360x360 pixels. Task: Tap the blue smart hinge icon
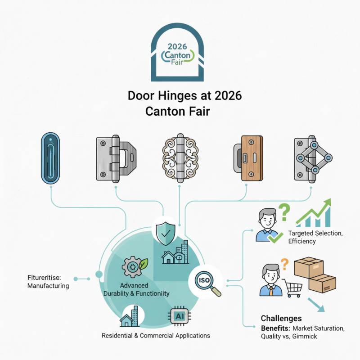50,157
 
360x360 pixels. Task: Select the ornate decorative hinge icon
180,157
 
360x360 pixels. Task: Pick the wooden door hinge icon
246,157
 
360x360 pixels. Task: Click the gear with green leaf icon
134,267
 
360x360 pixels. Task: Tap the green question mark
283,212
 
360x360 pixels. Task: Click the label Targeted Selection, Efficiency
315,238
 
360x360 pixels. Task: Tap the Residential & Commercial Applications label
156,336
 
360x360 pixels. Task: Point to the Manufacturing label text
48,286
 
